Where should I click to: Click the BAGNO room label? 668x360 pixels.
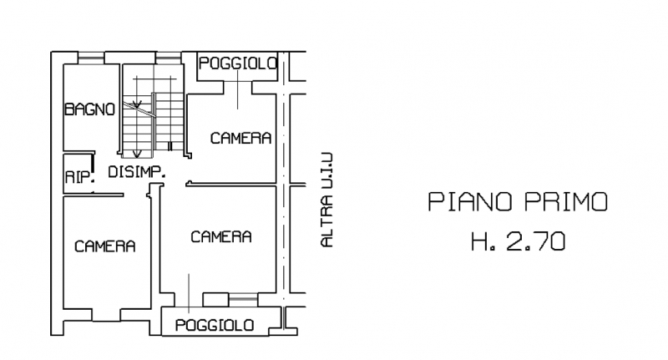[90, 109]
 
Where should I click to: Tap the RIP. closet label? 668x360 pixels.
[79, 177]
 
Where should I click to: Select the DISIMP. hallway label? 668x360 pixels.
[137, 172]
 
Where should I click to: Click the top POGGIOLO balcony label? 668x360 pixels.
[238, 63]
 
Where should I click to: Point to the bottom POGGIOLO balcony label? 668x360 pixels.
[215, 326]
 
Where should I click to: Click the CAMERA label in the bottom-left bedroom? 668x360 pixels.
[105, 246]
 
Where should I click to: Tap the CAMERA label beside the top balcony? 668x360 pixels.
[240, 138]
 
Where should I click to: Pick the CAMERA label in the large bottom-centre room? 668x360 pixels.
[221, 237]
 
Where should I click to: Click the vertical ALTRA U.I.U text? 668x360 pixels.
[326, 200]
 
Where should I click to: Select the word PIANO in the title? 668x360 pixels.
[470, 202]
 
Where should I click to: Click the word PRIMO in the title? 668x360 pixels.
[566, 202]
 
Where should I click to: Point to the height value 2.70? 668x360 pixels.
[536, 241]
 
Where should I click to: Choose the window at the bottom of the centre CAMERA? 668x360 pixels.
[243, 300]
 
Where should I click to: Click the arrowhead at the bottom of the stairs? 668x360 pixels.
[137, 154]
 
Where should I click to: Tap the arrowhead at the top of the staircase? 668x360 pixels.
[137, 104]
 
